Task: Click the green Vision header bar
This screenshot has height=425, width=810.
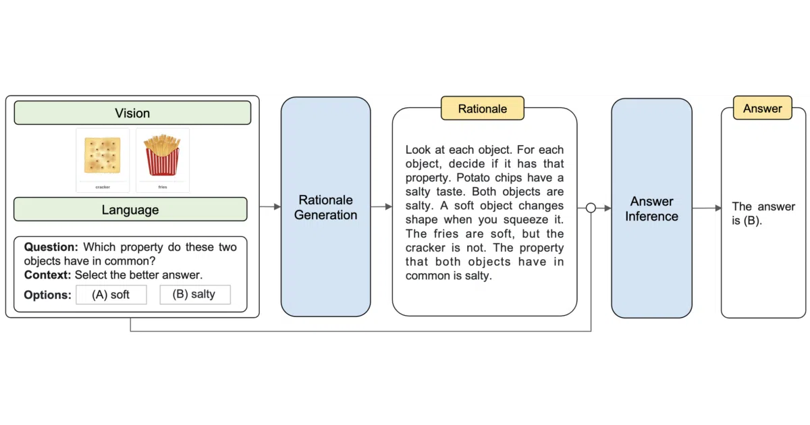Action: pos(132,113)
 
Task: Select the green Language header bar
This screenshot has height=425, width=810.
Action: pos(130,209)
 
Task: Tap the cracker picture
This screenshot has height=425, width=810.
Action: pos(103,154)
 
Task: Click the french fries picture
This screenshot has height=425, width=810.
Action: pos(163,154)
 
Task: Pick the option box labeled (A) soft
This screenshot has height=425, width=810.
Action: pos(111,295)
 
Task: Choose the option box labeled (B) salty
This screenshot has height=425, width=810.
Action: pos(195,295)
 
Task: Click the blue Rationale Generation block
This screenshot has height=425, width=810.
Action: pos(325,206)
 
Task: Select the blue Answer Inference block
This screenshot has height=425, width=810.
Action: pos(651,208)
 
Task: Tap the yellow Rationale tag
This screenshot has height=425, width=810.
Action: pos(483,109)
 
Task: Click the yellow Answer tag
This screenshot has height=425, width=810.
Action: pos(763,108)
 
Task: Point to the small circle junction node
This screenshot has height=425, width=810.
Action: pos(591,208)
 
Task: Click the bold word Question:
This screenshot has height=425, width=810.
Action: pos(51,247)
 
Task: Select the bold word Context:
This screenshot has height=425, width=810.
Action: pos(48,275)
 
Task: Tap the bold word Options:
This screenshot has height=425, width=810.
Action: pos(48,295)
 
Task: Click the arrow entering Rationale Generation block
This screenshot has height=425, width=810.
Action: pos(270,206)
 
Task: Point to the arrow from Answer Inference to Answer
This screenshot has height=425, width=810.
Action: pos(707,208)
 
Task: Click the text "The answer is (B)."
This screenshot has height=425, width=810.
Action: pos(763,214)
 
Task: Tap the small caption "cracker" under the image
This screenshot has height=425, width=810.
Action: pos(103,188)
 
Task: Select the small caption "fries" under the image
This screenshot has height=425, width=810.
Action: pos(163,188)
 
